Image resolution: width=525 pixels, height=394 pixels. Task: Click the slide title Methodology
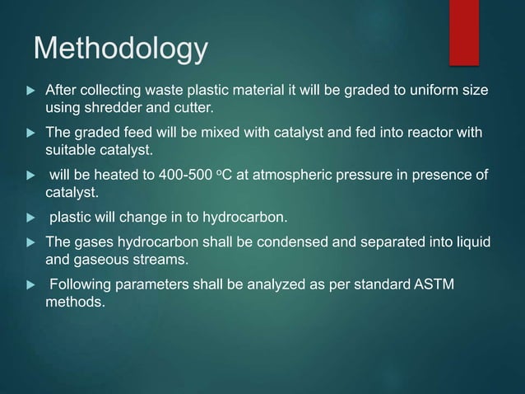pos(120,49)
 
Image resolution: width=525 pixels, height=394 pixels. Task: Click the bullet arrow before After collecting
pos(27,89)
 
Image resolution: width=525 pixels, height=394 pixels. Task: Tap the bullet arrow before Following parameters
pos(27,285)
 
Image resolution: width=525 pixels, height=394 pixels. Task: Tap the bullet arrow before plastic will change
pos(27,219)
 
